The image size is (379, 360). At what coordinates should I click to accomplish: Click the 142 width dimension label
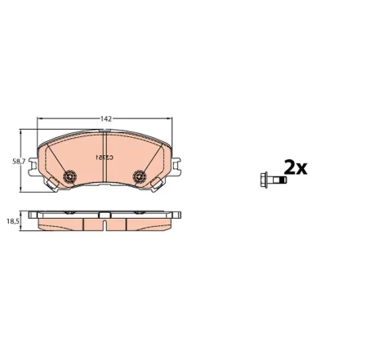[106, 119]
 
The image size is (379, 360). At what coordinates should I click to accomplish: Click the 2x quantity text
[294, 168]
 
